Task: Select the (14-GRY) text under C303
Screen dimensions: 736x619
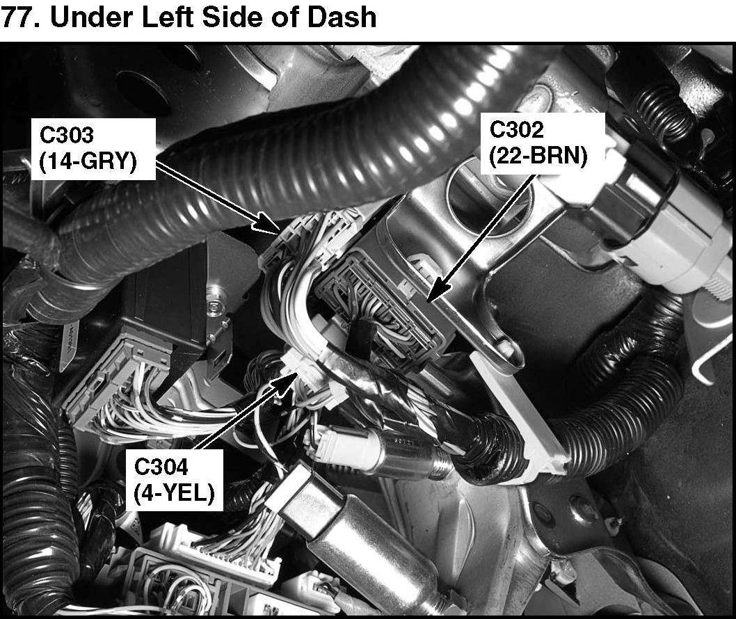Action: [86, 163]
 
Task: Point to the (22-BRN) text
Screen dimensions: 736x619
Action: [538, 156]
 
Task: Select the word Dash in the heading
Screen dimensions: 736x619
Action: [344, 17]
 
